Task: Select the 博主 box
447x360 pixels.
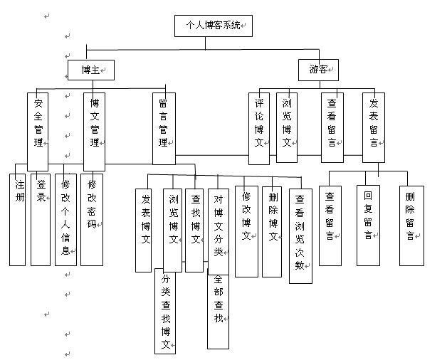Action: coord(91,69)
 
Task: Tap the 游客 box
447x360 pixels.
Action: coord(318,69)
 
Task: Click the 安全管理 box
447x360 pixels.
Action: coord(38,129)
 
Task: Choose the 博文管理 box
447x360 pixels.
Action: coord(94,129)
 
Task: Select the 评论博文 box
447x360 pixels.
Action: coord(259,127)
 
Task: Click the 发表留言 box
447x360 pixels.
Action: coord(373,127)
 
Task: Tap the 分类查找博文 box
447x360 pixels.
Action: coord(165,312)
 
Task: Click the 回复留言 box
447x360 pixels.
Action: coord(368,225)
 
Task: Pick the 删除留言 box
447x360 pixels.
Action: coord(411,225)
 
